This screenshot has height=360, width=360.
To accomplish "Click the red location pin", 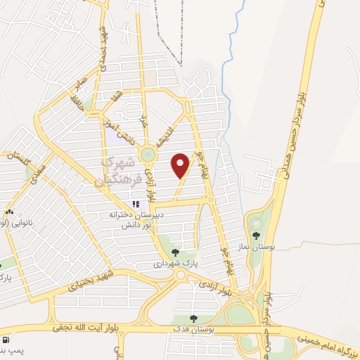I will tap(181, 165).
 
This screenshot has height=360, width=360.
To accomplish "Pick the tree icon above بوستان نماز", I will tap(256, 236).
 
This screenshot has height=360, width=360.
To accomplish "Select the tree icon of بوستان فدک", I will tap(193, 319).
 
